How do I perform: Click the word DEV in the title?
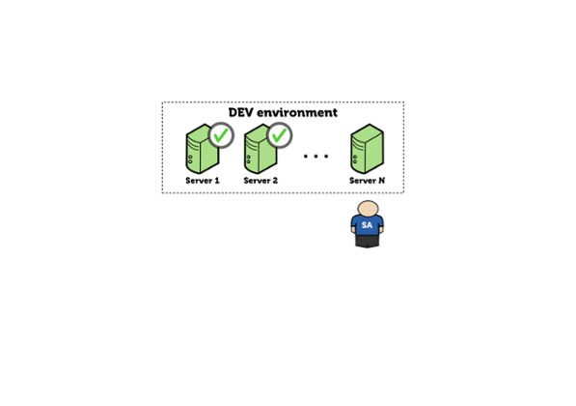click(x=241, y=112)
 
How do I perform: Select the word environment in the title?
click(x=297, y=112)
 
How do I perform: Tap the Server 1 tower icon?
click(x=203, y=149)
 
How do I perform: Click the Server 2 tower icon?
click(x=261, y=149)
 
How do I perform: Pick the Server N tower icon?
click(x=368, y=149)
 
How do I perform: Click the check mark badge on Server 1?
click(x=221, y=135)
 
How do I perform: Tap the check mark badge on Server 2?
click(x=280, y=135)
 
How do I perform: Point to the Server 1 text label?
click(x=203, y=181)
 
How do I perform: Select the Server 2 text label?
click(x=261, y=181)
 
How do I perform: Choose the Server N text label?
click(x=368, y=181)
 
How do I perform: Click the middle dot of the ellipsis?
click(x=315, y=157)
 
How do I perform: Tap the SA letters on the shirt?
click(x=367, y=225)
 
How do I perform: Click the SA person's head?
click(x=368, y=209)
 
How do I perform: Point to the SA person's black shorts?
click(x=368, y=241)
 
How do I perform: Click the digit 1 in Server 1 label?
click(x=217, y=181)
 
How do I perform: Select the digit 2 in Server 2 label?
click(x=275, y=181)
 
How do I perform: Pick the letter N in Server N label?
click(x=382, y=181)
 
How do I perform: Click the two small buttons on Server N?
click(x=355, y=159)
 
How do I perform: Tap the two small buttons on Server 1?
click(x=190, y=159)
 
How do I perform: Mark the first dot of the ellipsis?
click(x=306, y=157)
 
